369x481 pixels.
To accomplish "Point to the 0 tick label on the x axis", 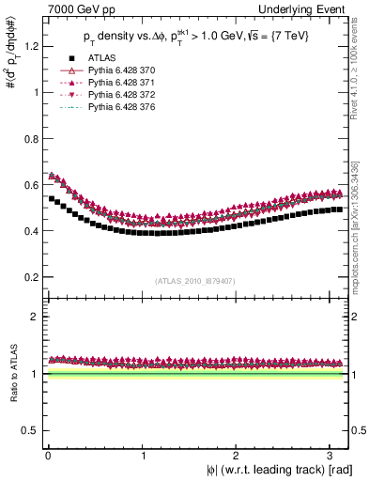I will [46, 454].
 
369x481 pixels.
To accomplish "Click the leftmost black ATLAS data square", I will [51, 198].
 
